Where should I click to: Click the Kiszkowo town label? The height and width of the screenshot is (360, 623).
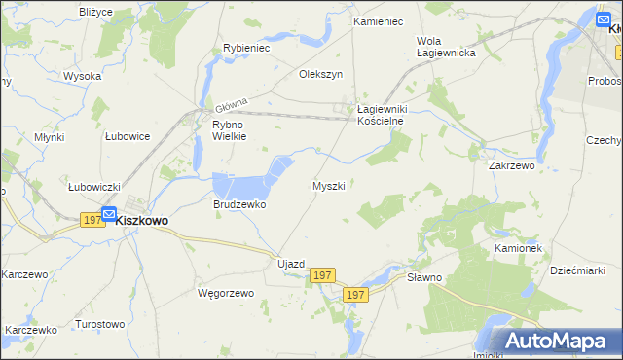pyautogui.click(x=141, y=221)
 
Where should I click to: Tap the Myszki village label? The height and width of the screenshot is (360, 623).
pyautogui.click(x=328, y=185)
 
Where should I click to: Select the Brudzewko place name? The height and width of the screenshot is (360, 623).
pyautogui.click(x=239, y=205)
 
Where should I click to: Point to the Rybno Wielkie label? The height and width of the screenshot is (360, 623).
pyautogui.click(x=230, y=130)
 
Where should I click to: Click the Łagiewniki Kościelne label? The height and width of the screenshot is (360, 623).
pyautogui.click(x=387, y=115)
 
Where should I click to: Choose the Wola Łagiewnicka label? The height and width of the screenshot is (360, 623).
pyautogui.click(x=445, y=47)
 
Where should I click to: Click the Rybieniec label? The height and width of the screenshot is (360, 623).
pyautogui.click(x=246, y=47)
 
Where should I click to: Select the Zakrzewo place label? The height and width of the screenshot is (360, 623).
pyautogui.click(x=512, y=166)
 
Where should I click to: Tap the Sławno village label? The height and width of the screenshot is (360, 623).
pyautogui.click(x=425, y=277)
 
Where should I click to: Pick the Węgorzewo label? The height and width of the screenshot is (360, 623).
pyautogui.click(x=225, y=293)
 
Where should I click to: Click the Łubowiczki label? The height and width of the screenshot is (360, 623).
pyautogui.click(x=93, y=187)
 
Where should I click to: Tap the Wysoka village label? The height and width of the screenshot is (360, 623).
pyautogui.click(x=83, y=76)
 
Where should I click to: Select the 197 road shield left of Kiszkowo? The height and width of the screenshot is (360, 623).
pyautogui.click(x=92, y=221)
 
